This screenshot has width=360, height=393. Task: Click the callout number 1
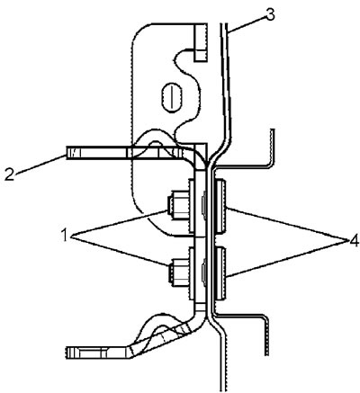[x=64, y=235]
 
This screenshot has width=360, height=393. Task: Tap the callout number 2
[x=9, y=174]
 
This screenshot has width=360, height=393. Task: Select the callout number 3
[x=270, y=15]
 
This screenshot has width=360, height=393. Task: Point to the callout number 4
[x=354, y=241]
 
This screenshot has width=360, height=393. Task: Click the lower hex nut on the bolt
[x=177, y=272]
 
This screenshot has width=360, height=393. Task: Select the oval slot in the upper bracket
[x=172, y=97]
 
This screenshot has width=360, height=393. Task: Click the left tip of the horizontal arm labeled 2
[x=67, y=153]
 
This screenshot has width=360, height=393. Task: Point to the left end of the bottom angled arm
[x=66, y=353]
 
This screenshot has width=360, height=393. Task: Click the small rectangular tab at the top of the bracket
[x=201, y=42]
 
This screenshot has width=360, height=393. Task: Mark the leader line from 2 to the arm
[x=41, y=164]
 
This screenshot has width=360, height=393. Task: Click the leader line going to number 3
[x=247, y=22]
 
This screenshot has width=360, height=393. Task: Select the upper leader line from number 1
[x=119, y=222]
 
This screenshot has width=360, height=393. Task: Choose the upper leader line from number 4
[x=287, y=224]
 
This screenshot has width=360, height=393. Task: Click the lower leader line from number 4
[x=287, y=258]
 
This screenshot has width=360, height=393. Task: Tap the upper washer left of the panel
[x=191, y=206]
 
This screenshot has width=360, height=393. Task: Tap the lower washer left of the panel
[x=191, y=272]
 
